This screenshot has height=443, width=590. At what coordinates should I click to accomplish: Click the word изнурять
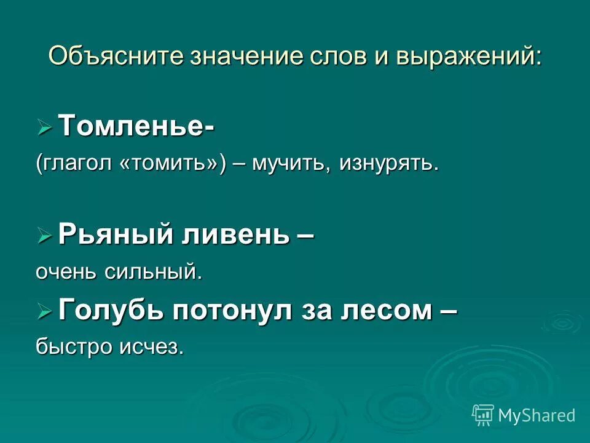388,164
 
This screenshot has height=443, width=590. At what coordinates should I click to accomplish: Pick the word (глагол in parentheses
74,164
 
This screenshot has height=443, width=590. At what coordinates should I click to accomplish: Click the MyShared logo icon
483,415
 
